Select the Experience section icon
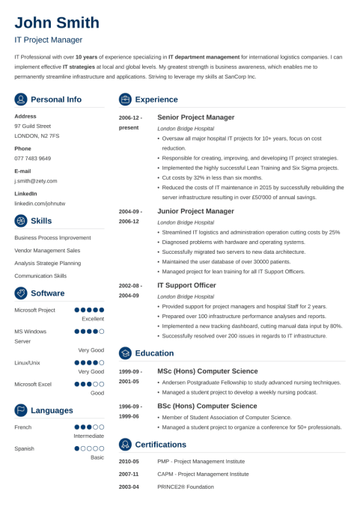125,100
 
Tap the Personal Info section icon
21,100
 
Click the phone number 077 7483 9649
33,159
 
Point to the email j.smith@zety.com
36,181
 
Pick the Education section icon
125,353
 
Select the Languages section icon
21,410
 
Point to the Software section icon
21,293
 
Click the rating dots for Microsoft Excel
89,384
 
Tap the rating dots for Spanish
89,448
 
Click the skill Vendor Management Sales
48,250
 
